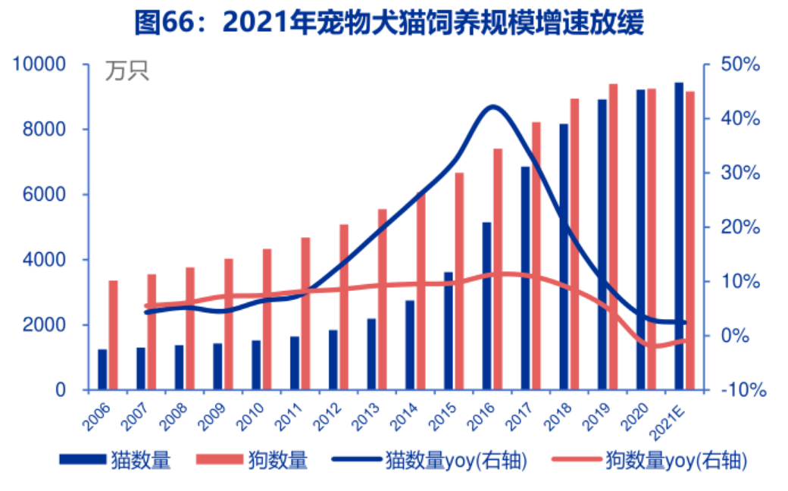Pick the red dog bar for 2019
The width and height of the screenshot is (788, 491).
coord(613,236)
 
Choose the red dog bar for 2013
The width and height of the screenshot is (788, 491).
coord(383,299)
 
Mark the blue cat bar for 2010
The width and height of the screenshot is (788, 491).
coord(256,365)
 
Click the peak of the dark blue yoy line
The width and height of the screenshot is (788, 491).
coord(492,107)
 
